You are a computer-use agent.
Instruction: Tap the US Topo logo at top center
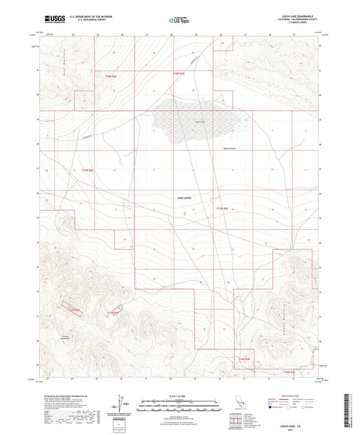[179, 20]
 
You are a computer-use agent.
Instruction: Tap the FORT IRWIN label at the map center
[184, 197]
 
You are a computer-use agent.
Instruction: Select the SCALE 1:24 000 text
[180, 396]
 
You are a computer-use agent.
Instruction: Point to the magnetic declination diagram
[121, 405]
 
